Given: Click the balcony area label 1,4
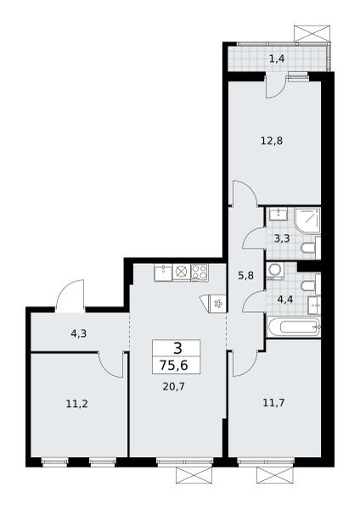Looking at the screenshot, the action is click(x=277, y=59).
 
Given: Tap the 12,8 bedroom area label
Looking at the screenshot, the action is click(x=272, y=141).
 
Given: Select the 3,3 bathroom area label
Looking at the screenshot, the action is click(x=282, y=239).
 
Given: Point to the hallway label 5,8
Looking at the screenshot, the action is click(x=245, y=276).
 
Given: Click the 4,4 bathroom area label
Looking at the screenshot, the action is click(x=285, y=299).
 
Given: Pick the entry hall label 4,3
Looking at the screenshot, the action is click(x=78, y=333).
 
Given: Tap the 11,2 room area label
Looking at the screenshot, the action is click(x=77, y=404).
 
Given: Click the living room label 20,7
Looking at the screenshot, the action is click(x=174, y=387).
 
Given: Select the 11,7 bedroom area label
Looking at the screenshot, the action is click(x=274, y=403).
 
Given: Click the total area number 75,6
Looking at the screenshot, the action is click(x=174, y=366).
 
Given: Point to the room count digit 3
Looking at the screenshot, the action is click(x=177, y=349).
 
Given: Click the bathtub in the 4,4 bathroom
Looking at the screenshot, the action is click(x=294, y=327).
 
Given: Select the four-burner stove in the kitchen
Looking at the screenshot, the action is click(x=200, y=272).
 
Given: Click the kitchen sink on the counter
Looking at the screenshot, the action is click(x=163, y=272).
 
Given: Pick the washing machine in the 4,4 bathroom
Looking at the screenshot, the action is click(x=275, y=271).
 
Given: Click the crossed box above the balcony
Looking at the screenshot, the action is click(x=313, y=33).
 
